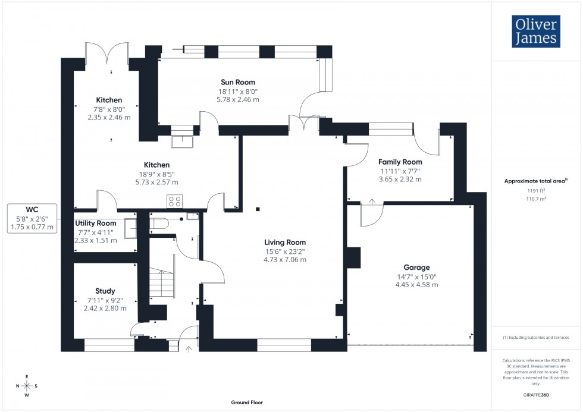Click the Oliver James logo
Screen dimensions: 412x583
pyautogui.click(x=536, y=32)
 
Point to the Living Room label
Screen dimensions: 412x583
pyautogui.click(x=286, y=242)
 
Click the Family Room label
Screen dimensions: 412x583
pyautogui.click(x=400, y=162)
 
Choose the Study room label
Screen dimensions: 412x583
pyautogui.click(x=105, y=291)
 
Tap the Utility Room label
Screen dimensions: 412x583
pyautogui.click(x=95, y=223)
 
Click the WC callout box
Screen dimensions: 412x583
pyautogui.click(x=32, y=218)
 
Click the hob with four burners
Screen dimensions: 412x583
pyautogui.click(x=174, y=202)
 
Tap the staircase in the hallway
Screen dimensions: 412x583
pyautogui.click(x=161, y=283)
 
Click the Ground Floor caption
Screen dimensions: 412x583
pyautogui.click(x=247, y=402)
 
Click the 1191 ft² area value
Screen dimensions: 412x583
pyautogui.click(x=536, y=191)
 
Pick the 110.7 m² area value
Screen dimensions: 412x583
pyautogui.click(x=536, y=199)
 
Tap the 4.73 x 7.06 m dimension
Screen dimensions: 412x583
pyautogui.click(x=286, y=259)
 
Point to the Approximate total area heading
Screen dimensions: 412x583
pyautogui.click(x=535, y=181)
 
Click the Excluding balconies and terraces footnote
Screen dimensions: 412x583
pyautogui.click(x=536, y=337)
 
